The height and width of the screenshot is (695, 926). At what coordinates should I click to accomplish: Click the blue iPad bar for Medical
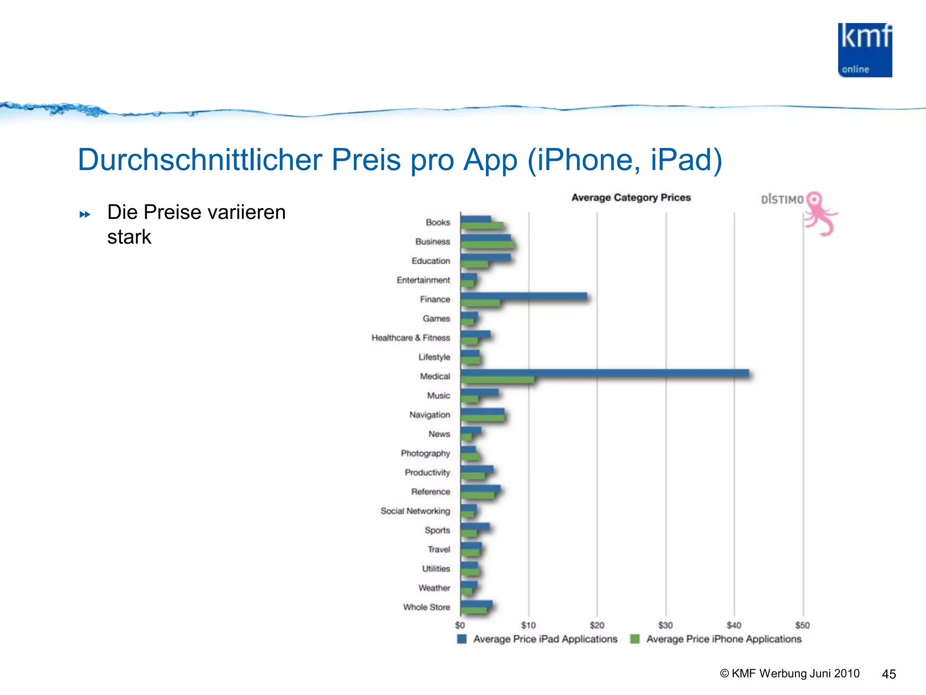(x=604, y=373)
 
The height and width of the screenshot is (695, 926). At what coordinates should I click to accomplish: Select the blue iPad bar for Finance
(x=524, y=296)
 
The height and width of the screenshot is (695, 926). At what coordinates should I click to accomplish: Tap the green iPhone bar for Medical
(x=497, y=380)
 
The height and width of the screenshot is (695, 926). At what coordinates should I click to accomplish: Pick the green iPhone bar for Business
(x=487, y=245)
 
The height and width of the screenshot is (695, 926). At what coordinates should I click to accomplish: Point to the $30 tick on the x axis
(x=665, y=625)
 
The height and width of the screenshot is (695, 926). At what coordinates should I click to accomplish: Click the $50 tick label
(x=803, y=625)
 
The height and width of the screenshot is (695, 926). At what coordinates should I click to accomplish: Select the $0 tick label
(x=460, y=625)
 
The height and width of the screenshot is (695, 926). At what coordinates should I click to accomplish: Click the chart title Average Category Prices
(x=631, y=198)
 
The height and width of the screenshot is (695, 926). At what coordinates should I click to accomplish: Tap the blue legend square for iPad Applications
(x=462, y=639)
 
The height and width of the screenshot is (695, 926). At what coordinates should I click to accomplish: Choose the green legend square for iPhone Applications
(x=635, y=639)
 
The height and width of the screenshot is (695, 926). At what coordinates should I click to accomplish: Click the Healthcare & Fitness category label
(x=411, y=338)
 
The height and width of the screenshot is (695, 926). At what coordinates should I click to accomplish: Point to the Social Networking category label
(x=415, y=511)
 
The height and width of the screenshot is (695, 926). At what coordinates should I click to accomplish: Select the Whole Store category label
(x=426, y=607)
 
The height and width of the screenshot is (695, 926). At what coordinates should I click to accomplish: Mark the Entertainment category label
(x=423, y=280)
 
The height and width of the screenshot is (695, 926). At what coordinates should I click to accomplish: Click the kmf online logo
(x=865, y=50)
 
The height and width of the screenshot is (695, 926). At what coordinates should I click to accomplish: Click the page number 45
(x=888, y=674)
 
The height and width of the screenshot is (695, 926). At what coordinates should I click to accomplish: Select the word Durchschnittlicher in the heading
(x=200, y=160)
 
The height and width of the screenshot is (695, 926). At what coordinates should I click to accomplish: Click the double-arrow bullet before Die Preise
(x=85, y=214)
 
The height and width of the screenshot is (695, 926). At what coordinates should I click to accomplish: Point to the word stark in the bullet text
(x=129, y=237)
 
